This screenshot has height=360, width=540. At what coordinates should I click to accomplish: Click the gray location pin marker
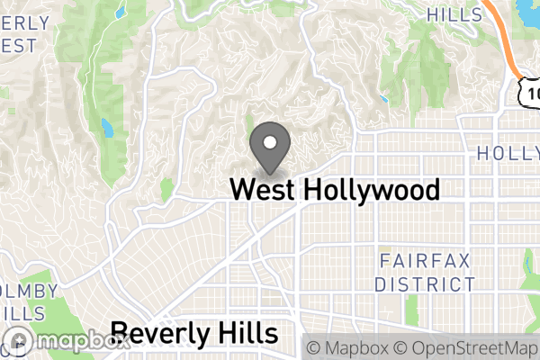(269, 148)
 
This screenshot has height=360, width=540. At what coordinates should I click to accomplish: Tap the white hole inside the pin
(269, 141)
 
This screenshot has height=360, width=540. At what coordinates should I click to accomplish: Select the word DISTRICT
(425, 284)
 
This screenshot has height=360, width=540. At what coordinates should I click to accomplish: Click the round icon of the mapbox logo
(19, 342)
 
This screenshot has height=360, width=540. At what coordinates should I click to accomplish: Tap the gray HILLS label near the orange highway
(454, 14)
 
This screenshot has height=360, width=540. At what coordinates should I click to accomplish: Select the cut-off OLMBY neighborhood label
(29, 292)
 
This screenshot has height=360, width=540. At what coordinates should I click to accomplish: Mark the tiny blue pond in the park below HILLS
(385, 98)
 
